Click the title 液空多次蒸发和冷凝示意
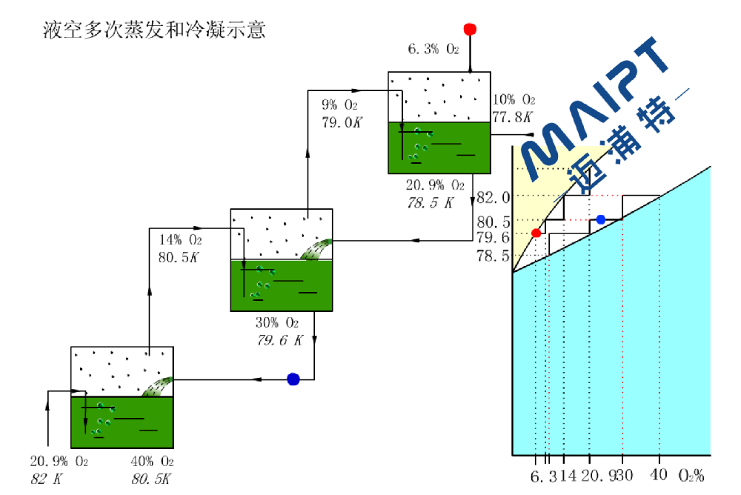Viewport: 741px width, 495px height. click(154, 30)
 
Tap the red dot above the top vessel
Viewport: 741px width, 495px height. click(469, 30)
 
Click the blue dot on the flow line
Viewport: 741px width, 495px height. click(293, 379)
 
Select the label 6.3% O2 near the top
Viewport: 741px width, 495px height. click(433, 50)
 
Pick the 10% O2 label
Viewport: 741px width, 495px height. click(514, 99)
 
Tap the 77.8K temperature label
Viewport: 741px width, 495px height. click(512, 116)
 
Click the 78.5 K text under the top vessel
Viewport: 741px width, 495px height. click(430, 202)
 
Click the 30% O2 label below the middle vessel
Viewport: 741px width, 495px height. click(276, 323)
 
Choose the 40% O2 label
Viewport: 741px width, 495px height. click(153, 462)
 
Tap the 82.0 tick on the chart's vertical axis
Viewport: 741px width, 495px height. click(494, 197)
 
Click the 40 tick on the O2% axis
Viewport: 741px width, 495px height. click(659, 475)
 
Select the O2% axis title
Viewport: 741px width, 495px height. click(691, 475)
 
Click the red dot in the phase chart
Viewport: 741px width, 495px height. click(536, 233)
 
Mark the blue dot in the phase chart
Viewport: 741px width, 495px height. click(601, 219)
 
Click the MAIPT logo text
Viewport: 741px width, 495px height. click(593, 104)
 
